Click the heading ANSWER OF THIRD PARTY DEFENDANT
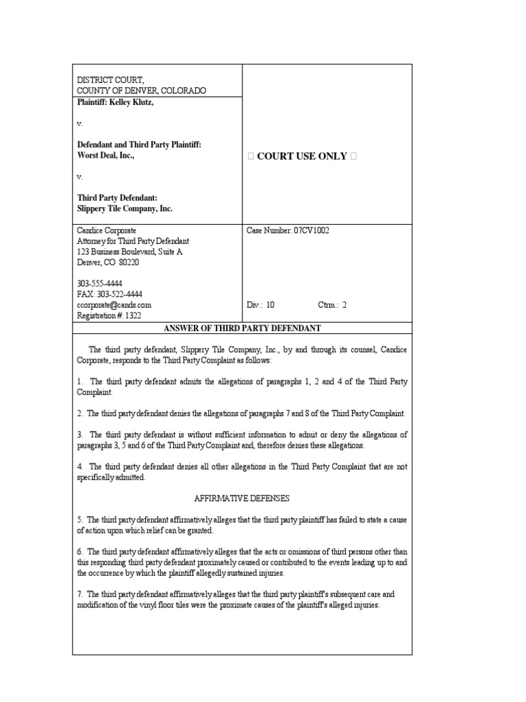[x=242, y=328]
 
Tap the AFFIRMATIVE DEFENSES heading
[x=242, y=498]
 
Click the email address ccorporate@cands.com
[x=114, y=305]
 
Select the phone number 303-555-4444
[x=99, y=284]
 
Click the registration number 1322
[x=132, y=315]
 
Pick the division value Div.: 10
[x=260, y=305]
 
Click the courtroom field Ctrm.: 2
[x=332, y=305]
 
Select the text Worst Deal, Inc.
[x=105, y=156]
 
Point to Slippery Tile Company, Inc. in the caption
[x=125, y=208]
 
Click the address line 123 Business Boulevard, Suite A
[x=129, y=252]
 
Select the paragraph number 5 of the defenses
[x=79, y=520]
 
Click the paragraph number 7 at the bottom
[x=79, y=594]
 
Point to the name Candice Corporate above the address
[x=106, y=231]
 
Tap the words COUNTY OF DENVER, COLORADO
[x=141, y=90]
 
